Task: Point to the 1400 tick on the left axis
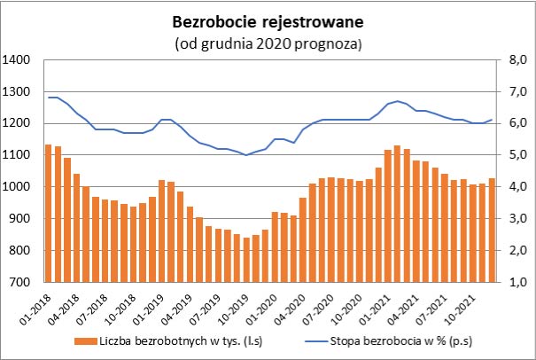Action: click(19, 60)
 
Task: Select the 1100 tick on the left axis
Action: click(19, 155)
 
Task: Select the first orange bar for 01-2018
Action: click(48, 213)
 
